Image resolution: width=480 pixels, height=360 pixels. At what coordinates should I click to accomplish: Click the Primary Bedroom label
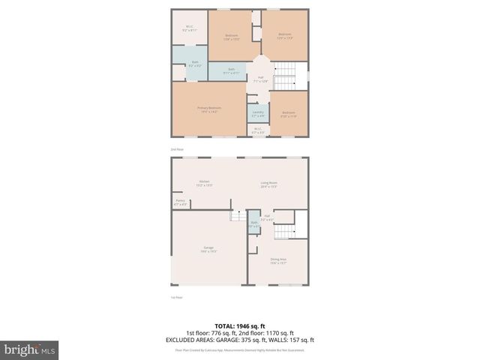(208, 109)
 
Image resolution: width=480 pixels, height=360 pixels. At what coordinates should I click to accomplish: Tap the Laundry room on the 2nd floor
(257, 114)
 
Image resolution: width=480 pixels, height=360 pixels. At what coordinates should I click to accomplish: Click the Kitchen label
(204, 183)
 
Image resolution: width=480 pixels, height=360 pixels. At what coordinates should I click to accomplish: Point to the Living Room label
(268, 184)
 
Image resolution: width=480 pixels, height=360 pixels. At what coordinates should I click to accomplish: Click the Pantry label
(180, 202)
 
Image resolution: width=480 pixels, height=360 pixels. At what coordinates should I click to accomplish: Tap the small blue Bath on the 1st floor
(254, 223)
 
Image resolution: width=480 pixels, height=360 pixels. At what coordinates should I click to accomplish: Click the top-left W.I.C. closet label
(190, 28)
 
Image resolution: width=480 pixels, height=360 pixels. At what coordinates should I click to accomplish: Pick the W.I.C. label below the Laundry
(256, 130)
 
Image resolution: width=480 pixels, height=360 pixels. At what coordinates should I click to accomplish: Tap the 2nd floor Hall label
(260, 79)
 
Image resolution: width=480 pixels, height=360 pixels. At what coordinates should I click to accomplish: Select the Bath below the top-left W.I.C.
(195, 63)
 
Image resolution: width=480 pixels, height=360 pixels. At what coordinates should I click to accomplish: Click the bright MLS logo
(30, 349)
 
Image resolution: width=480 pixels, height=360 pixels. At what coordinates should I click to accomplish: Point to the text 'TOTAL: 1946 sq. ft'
(239, 326)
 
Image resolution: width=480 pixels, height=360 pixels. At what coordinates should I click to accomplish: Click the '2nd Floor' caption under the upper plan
(177, 150)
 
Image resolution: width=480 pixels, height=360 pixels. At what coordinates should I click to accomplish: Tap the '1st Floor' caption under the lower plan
(177, 297)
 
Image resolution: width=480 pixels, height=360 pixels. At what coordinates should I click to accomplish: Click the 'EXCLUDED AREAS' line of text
(239, 339)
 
